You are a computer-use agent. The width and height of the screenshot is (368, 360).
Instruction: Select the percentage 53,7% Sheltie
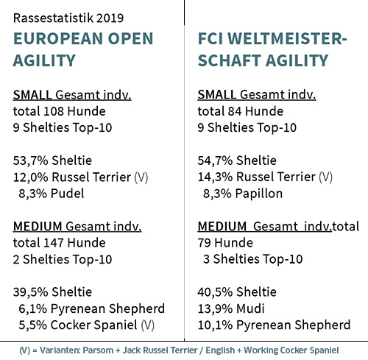[53, 160]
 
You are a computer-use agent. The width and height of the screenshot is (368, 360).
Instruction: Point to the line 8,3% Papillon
[242, 194]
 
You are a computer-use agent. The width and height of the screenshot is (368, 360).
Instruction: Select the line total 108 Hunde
[60, 112]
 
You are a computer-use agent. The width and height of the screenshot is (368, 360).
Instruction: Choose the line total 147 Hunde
[60, 242]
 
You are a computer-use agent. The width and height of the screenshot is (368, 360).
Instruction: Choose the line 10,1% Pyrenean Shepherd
[274, 325]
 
